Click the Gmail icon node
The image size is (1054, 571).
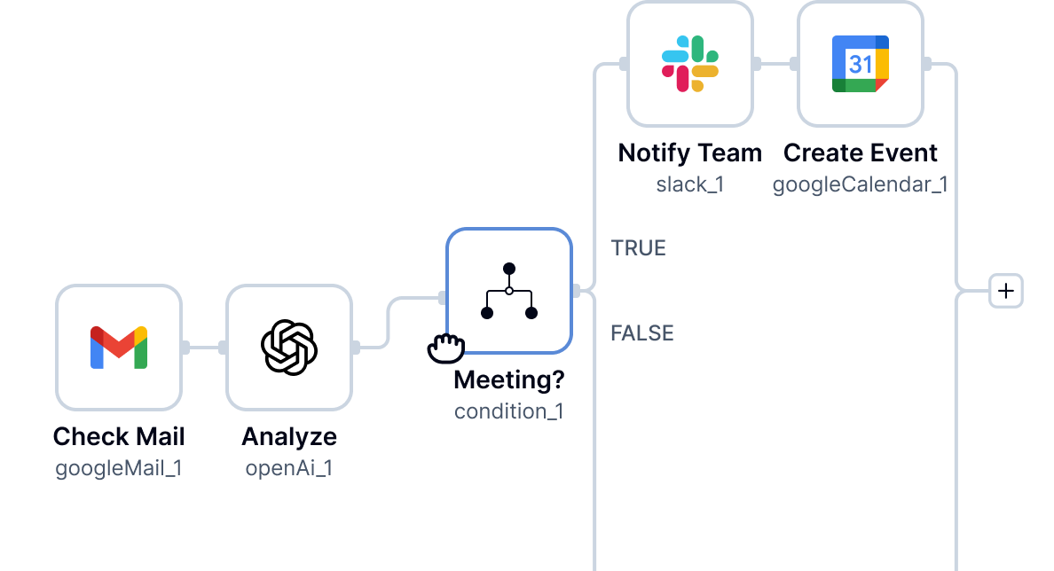click(x=119, y=348)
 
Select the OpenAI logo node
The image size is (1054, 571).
click(x=289, y=348)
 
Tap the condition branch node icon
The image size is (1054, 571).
click(x=509, y=291)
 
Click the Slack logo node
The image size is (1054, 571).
click(x=690, y=64)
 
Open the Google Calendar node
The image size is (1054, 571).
click(x=861, y=64)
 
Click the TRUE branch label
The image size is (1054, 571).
click(x=638, y=248)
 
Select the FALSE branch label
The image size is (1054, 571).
click(x=641, y=333)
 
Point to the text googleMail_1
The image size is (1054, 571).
click(x=119, y=468)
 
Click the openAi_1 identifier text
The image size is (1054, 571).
click(x=289, y=468)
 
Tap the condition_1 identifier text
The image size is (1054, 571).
click(x=509, y=411)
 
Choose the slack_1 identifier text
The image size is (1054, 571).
click(x=690, y=184)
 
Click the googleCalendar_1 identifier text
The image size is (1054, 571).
click(x=861, y=184)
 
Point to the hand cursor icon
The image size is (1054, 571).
click(x=446, y=348)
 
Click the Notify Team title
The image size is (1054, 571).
click(x=690, y=153)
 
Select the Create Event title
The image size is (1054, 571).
click(x=861, y=153)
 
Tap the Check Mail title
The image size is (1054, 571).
click(x=119, y=437)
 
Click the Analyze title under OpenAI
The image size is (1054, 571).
click(x=289, y=437)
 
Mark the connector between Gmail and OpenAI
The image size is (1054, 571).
click(x=204, y=348)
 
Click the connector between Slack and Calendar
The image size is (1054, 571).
click(x=775, y=64)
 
